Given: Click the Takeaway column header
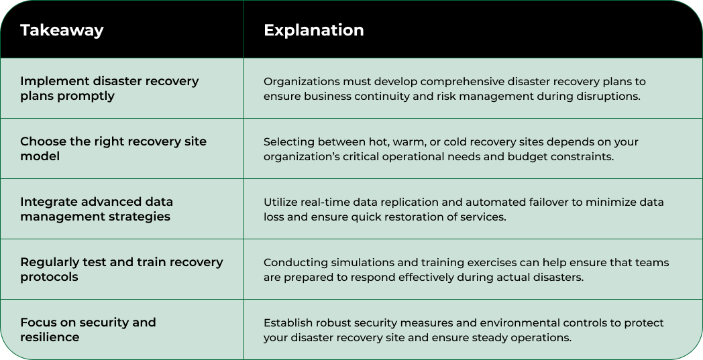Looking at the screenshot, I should pyautogui.click(x=62, y=31).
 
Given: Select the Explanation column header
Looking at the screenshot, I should pyautogui.click(x=313, y=31).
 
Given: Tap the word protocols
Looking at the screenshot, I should pyautogui.click(x=49, y=277).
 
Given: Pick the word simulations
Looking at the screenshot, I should pyautogui.click(x=352, y=263).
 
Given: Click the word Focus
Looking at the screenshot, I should pyautogui.click(x=38, y=322).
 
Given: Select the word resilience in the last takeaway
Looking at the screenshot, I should pyautogui.click(x=50, y=337).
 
